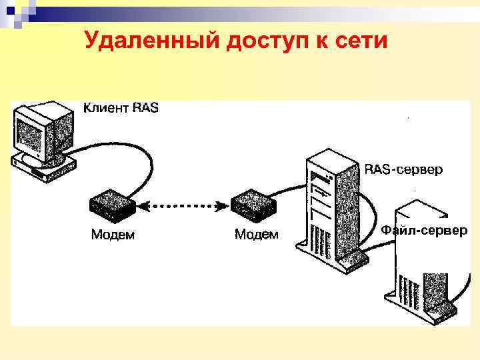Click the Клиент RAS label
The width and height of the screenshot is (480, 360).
(121, 107)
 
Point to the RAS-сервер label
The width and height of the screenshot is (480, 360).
(403, 170)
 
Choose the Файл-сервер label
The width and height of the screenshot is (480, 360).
(424, 230)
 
